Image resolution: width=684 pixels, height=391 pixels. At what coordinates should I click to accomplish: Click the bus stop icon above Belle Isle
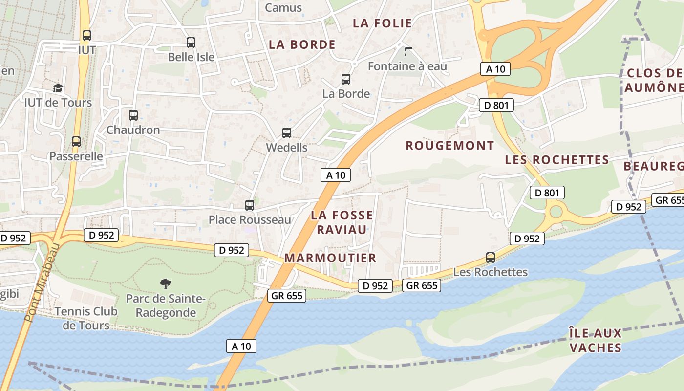[x=191, y=43]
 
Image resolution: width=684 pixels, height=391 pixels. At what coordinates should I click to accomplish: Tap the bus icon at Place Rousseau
[x=250, y=205]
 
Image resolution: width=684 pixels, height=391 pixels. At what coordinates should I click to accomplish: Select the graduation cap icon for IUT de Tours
[x=58, y=88]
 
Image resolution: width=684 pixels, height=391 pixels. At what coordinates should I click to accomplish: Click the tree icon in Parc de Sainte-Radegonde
[x=166, y=283]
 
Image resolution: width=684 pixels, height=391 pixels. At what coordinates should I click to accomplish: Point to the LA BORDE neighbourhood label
[x=302, y=44]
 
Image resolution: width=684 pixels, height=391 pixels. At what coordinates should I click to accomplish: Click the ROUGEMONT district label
[x=450, y=146]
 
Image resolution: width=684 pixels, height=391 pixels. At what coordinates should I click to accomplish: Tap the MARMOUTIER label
[x=330, y=258]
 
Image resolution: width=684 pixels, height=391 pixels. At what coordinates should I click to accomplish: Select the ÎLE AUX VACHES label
[x=595, y=341]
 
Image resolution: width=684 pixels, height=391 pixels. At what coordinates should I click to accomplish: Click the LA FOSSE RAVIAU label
[x=342, y=222]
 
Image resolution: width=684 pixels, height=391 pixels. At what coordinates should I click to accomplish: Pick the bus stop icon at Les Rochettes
[x=491, y=258]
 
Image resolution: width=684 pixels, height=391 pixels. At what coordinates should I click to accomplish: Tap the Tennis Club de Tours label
[x=86, y=318]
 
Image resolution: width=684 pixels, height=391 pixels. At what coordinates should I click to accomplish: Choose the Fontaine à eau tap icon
[x=408, y=51]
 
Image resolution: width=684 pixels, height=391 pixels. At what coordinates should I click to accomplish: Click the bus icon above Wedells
[x=287, y=133]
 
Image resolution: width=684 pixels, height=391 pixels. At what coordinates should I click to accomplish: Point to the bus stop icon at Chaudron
[x=133, y=115]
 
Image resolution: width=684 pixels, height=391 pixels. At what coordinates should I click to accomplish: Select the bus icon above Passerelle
[x=76, y=142]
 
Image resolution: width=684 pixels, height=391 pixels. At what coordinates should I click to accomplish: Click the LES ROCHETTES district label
[x=557, y=160]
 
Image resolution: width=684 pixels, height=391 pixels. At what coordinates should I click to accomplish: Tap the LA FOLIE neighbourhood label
[x=382, y=23]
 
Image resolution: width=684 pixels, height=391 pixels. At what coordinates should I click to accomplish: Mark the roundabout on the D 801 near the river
[x=556, y=212]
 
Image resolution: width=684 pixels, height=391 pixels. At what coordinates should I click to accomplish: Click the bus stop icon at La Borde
[x=346, y=79]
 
